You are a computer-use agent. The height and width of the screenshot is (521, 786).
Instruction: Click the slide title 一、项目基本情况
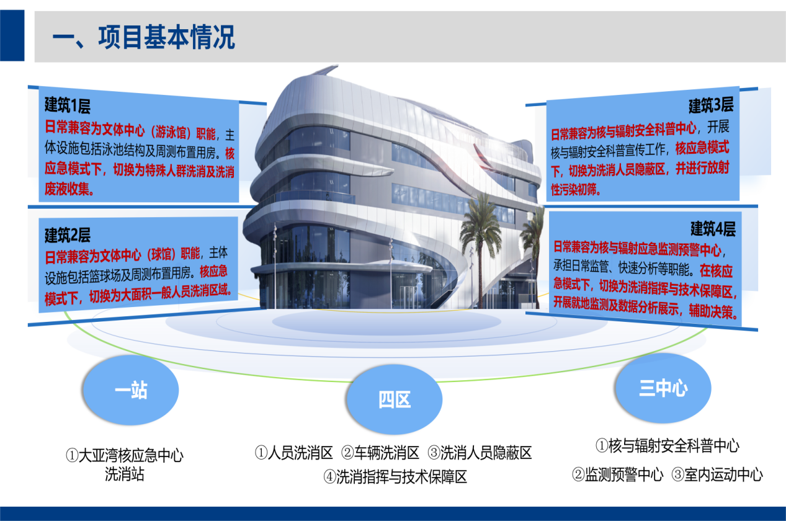click(x=143, y=37)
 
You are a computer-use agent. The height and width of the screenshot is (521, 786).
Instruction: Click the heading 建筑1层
click(x=68, y=105)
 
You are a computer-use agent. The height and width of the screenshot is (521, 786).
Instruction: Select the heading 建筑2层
click(x=68, y=234)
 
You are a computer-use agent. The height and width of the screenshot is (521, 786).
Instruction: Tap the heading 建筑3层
click(x=711, y=105)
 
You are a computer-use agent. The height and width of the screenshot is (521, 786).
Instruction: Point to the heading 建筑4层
click(x=713, y=229)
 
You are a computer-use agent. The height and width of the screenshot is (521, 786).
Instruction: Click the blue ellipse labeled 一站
click(x=130, y=390)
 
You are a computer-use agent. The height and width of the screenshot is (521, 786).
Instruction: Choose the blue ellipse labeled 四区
click(x=394, y=399)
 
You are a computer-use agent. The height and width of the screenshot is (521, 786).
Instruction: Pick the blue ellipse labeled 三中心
click(x=663, y=388)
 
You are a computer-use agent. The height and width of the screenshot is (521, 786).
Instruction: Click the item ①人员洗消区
click(x=293, y=453)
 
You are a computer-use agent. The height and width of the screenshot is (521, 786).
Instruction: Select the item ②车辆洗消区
click(x=380, y=453)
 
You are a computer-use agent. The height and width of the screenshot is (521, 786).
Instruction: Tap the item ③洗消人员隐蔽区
click(x=480, y=453)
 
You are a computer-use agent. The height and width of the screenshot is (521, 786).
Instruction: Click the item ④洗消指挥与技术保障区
click(x=395, y=477)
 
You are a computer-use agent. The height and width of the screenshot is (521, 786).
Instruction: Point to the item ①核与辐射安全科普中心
click(x=668, y=446)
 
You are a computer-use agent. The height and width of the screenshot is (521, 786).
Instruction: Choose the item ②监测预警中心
click(x=618, y=474)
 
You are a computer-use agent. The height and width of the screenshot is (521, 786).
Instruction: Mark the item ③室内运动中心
click(x=717, y=474)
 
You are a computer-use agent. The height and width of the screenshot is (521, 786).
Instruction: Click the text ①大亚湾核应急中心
click(x=125, y=455)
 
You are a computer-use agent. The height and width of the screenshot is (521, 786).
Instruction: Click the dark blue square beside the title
click(x=12, y=35)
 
